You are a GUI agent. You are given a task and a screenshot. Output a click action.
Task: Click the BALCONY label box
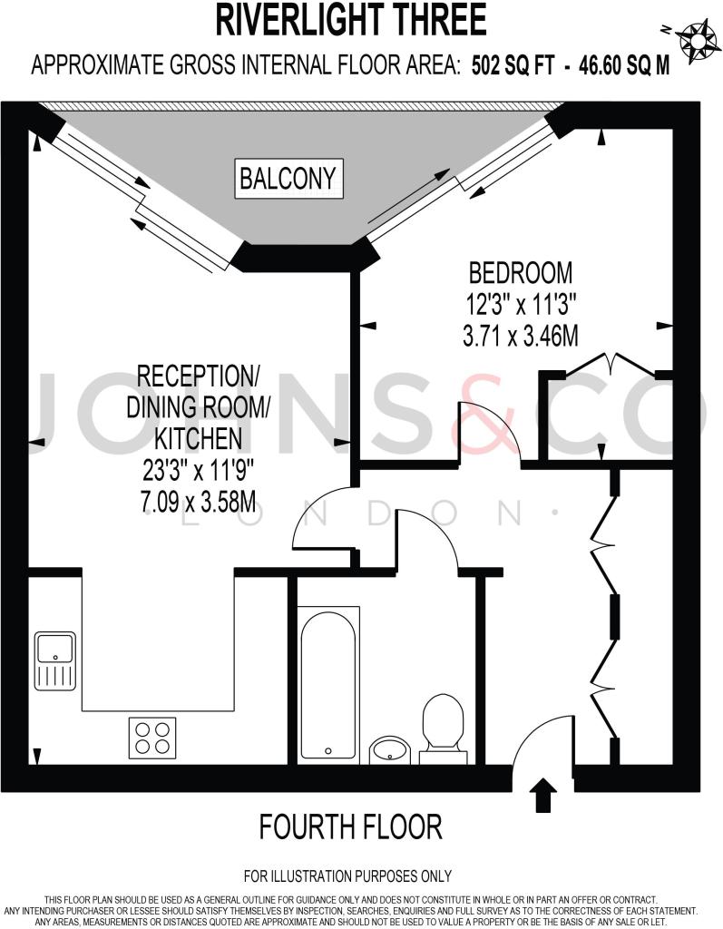(288, 179)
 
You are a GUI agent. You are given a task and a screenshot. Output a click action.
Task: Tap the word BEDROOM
(520, 272)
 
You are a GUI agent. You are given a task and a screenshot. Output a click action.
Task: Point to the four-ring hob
(152, 737)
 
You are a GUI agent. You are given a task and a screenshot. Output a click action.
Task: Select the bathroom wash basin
(391, 749)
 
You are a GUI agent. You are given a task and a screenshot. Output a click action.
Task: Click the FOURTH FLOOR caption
(350, 826)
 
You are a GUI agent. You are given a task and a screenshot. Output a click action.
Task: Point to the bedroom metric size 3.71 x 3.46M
(520, 337)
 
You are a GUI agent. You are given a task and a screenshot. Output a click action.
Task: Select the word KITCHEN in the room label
(197, 439)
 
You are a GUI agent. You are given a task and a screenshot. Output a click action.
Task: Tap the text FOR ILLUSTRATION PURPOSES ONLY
(347, 876)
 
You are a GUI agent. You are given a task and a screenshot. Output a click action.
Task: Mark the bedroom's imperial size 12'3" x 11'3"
(520, 304)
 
